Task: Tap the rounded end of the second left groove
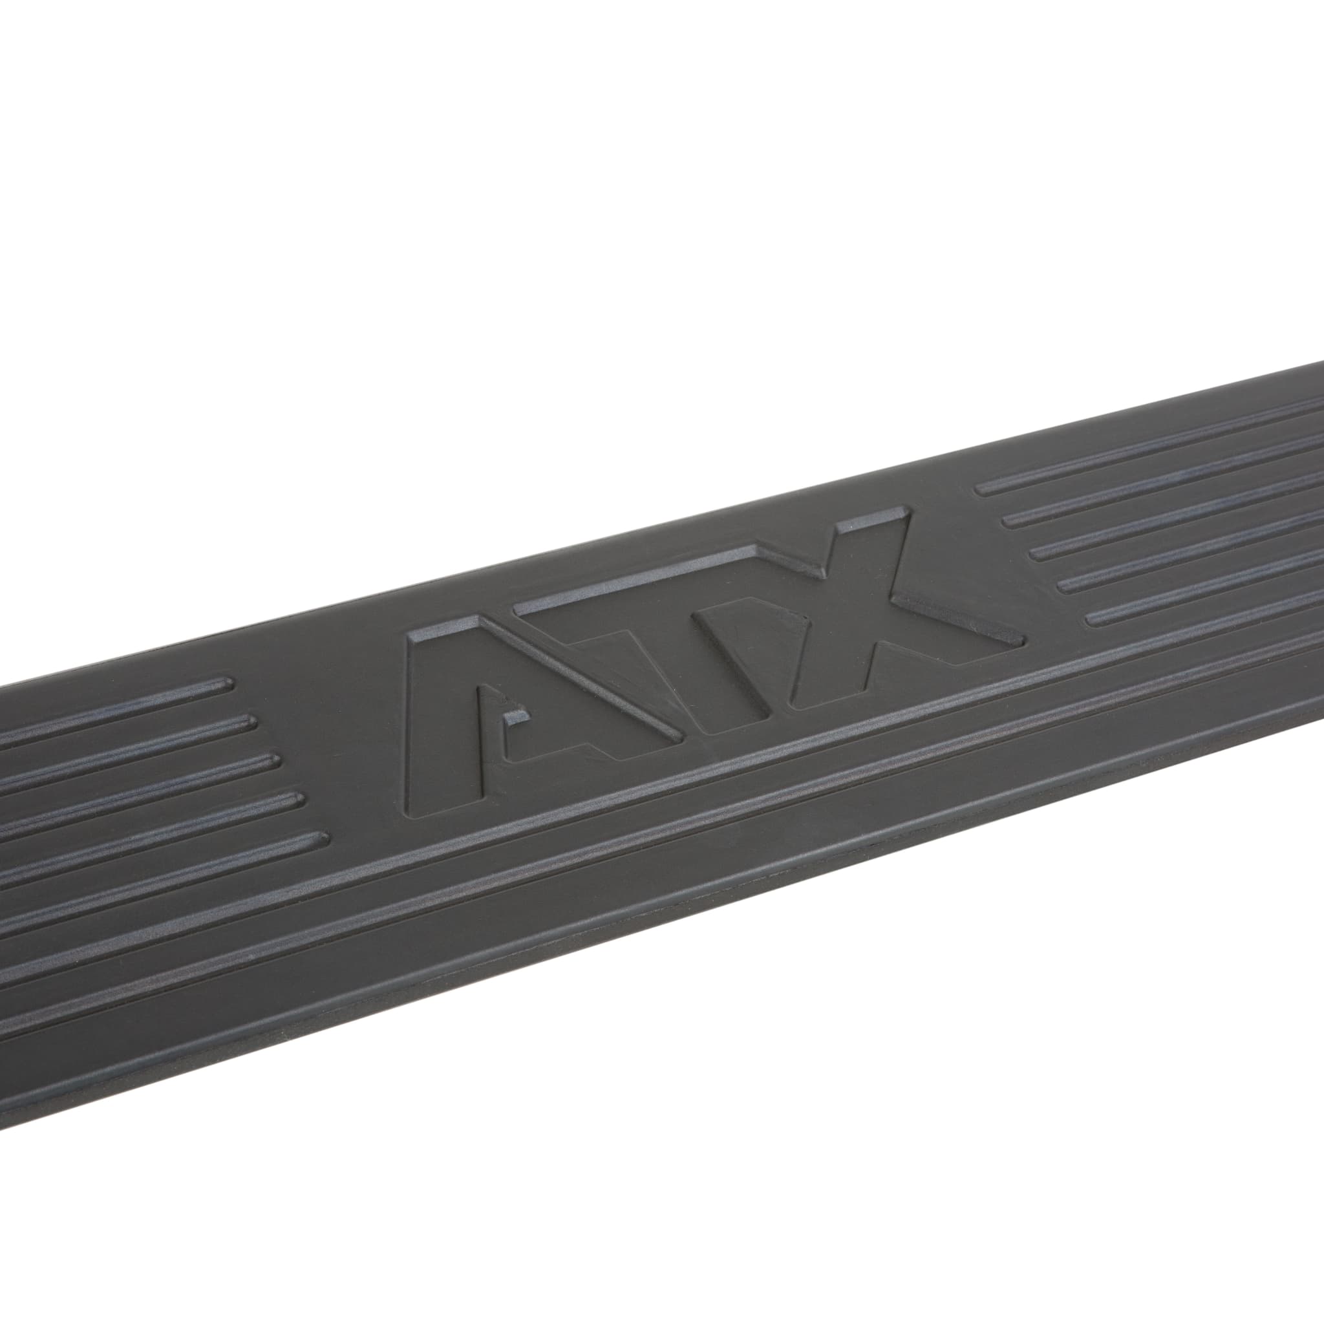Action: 250,721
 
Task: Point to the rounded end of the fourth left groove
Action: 298,798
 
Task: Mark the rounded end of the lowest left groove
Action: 321,837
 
